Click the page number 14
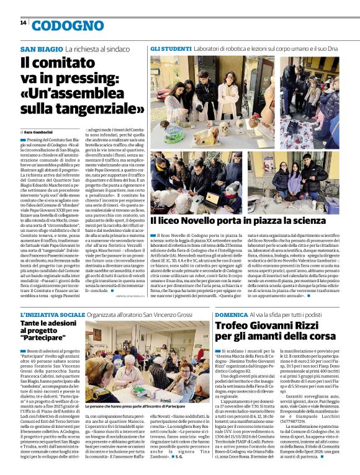[23, 23]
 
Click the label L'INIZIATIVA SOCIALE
[52, 314]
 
